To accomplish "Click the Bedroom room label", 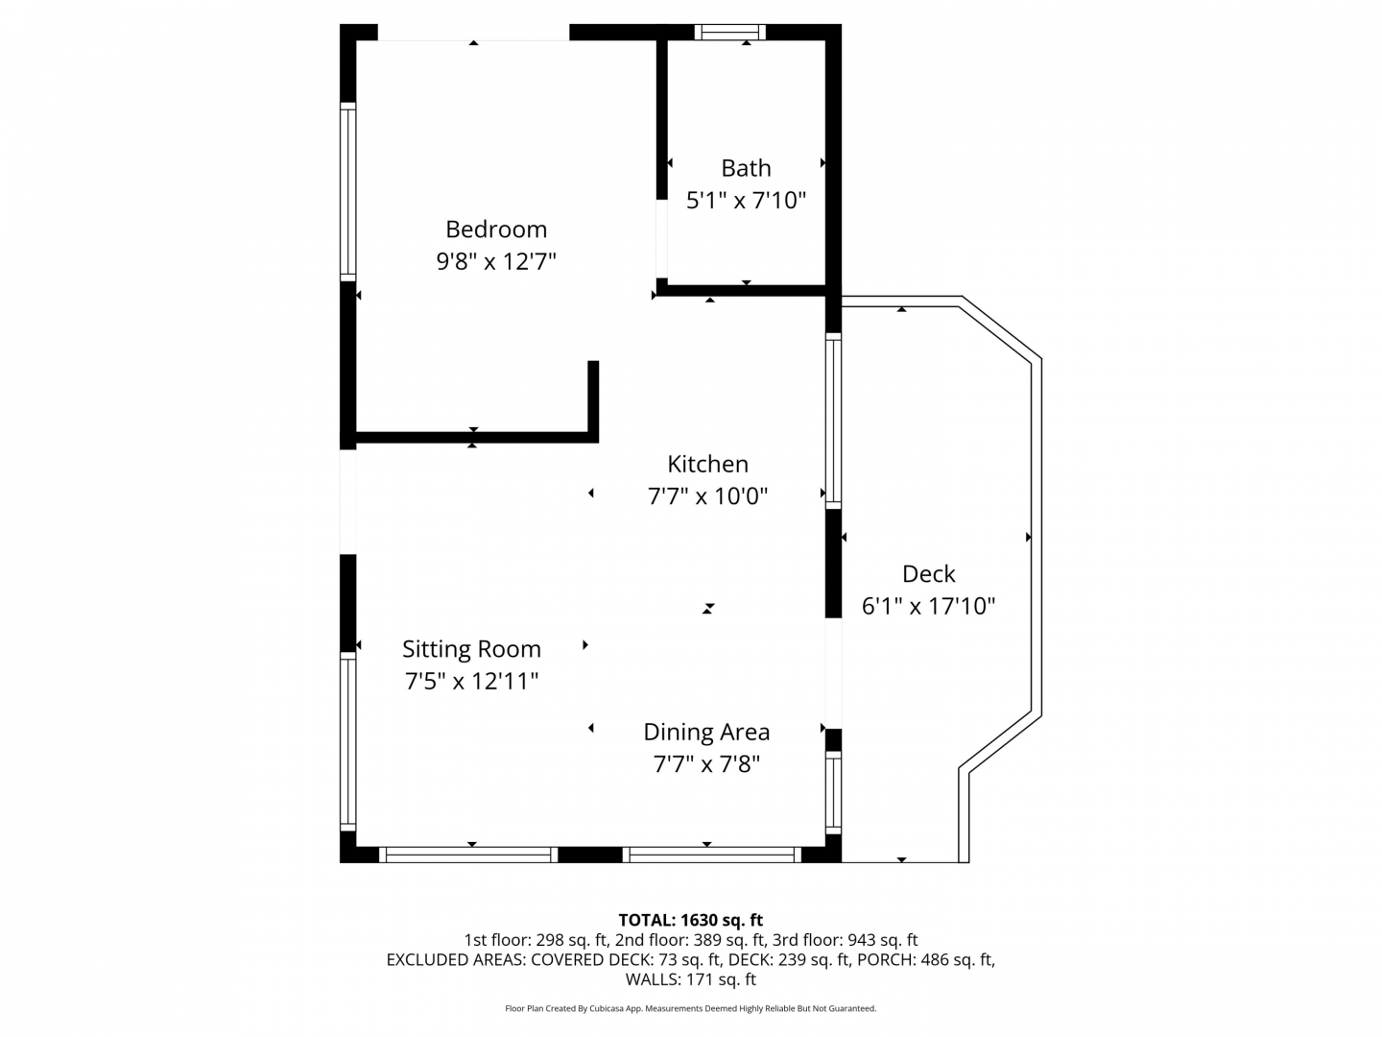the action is pos(496,229).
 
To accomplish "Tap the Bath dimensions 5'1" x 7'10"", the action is pos(746,201).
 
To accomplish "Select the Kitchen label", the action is pos(707,465).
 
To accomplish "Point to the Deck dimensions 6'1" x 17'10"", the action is pos(928,606).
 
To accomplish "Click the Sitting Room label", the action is pos(471,649).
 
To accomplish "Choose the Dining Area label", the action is pos(706,733).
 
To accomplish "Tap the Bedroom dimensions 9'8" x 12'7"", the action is pos(496,261).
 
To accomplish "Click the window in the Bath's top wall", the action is pos(729,32).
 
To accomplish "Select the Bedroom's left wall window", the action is pos(348,191).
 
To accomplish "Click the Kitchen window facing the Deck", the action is pos(833,421).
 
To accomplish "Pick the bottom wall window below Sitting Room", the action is pos(468,855).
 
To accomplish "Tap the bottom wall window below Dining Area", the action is pos(712,855).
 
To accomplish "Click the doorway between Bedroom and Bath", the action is pos(661,239).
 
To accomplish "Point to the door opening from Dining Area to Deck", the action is pos(833,673).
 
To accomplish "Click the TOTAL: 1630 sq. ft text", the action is pos(691,920).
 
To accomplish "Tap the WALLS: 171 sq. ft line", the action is pos(691,979).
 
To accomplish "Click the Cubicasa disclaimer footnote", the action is pos(691,1008).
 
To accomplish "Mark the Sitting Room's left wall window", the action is pos(348,741).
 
